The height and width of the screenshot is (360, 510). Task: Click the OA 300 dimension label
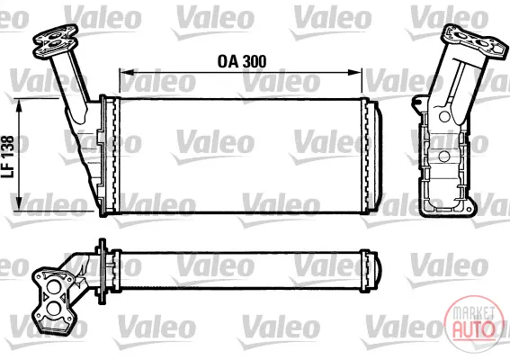[242, 61]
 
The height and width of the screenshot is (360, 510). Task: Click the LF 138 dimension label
[8, 157]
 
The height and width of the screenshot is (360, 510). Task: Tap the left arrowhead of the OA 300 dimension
[126, 72]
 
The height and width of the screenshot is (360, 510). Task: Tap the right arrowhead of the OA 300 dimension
[354, 72]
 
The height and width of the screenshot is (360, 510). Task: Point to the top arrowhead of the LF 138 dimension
[20, 106]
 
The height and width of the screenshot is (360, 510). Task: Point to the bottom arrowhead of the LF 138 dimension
[20, 202]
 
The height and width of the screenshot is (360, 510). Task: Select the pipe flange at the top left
[55, 41]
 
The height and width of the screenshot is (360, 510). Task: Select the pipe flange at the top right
[474, 41]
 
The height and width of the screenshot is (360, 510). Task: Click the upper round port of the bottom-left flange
[53, 287]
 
